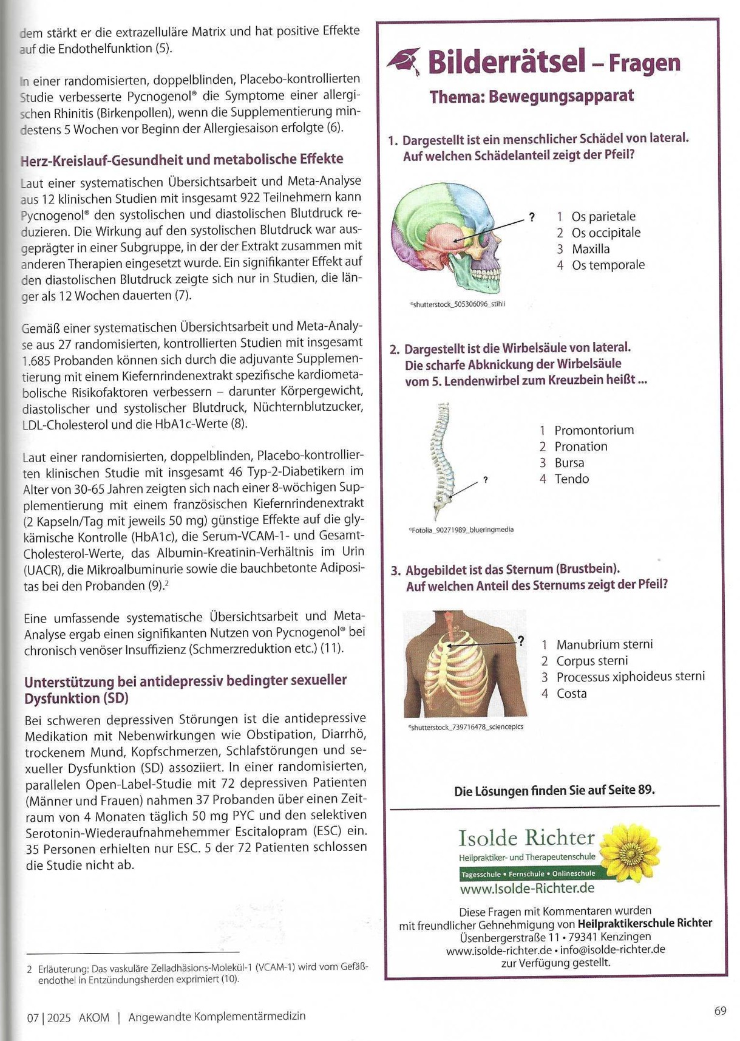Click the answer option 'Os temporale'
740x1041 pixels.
[x=608, y=265]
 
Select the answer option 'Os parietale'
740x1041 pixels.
[x=603, y=216]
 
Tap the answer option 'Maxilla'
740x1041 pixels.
[x=590, y=249]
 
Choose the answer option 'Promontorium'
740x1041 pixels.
[x=594, y=430]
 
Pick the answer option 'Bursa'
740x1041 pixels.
[x=569, y=463]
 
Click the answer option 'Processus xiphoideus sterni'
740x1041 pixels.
[x=630, y=677]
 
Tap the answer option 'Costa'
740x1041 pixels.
[x=571, y=694]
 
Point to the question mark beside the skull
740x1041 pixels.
[x=532, y=217]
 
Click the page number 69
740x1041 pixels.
[x=720, y=1011]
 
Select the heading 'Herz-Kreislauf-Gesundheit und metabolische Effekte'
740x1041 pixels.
[x=182, y=160]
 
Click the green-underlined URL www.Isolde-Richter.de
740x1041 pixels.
[x=527, y=889]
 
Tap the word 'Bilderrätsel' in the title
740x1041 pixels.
[x=506, y=63]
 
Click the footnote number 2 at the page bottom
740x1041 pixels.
[x=29, y=969]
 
